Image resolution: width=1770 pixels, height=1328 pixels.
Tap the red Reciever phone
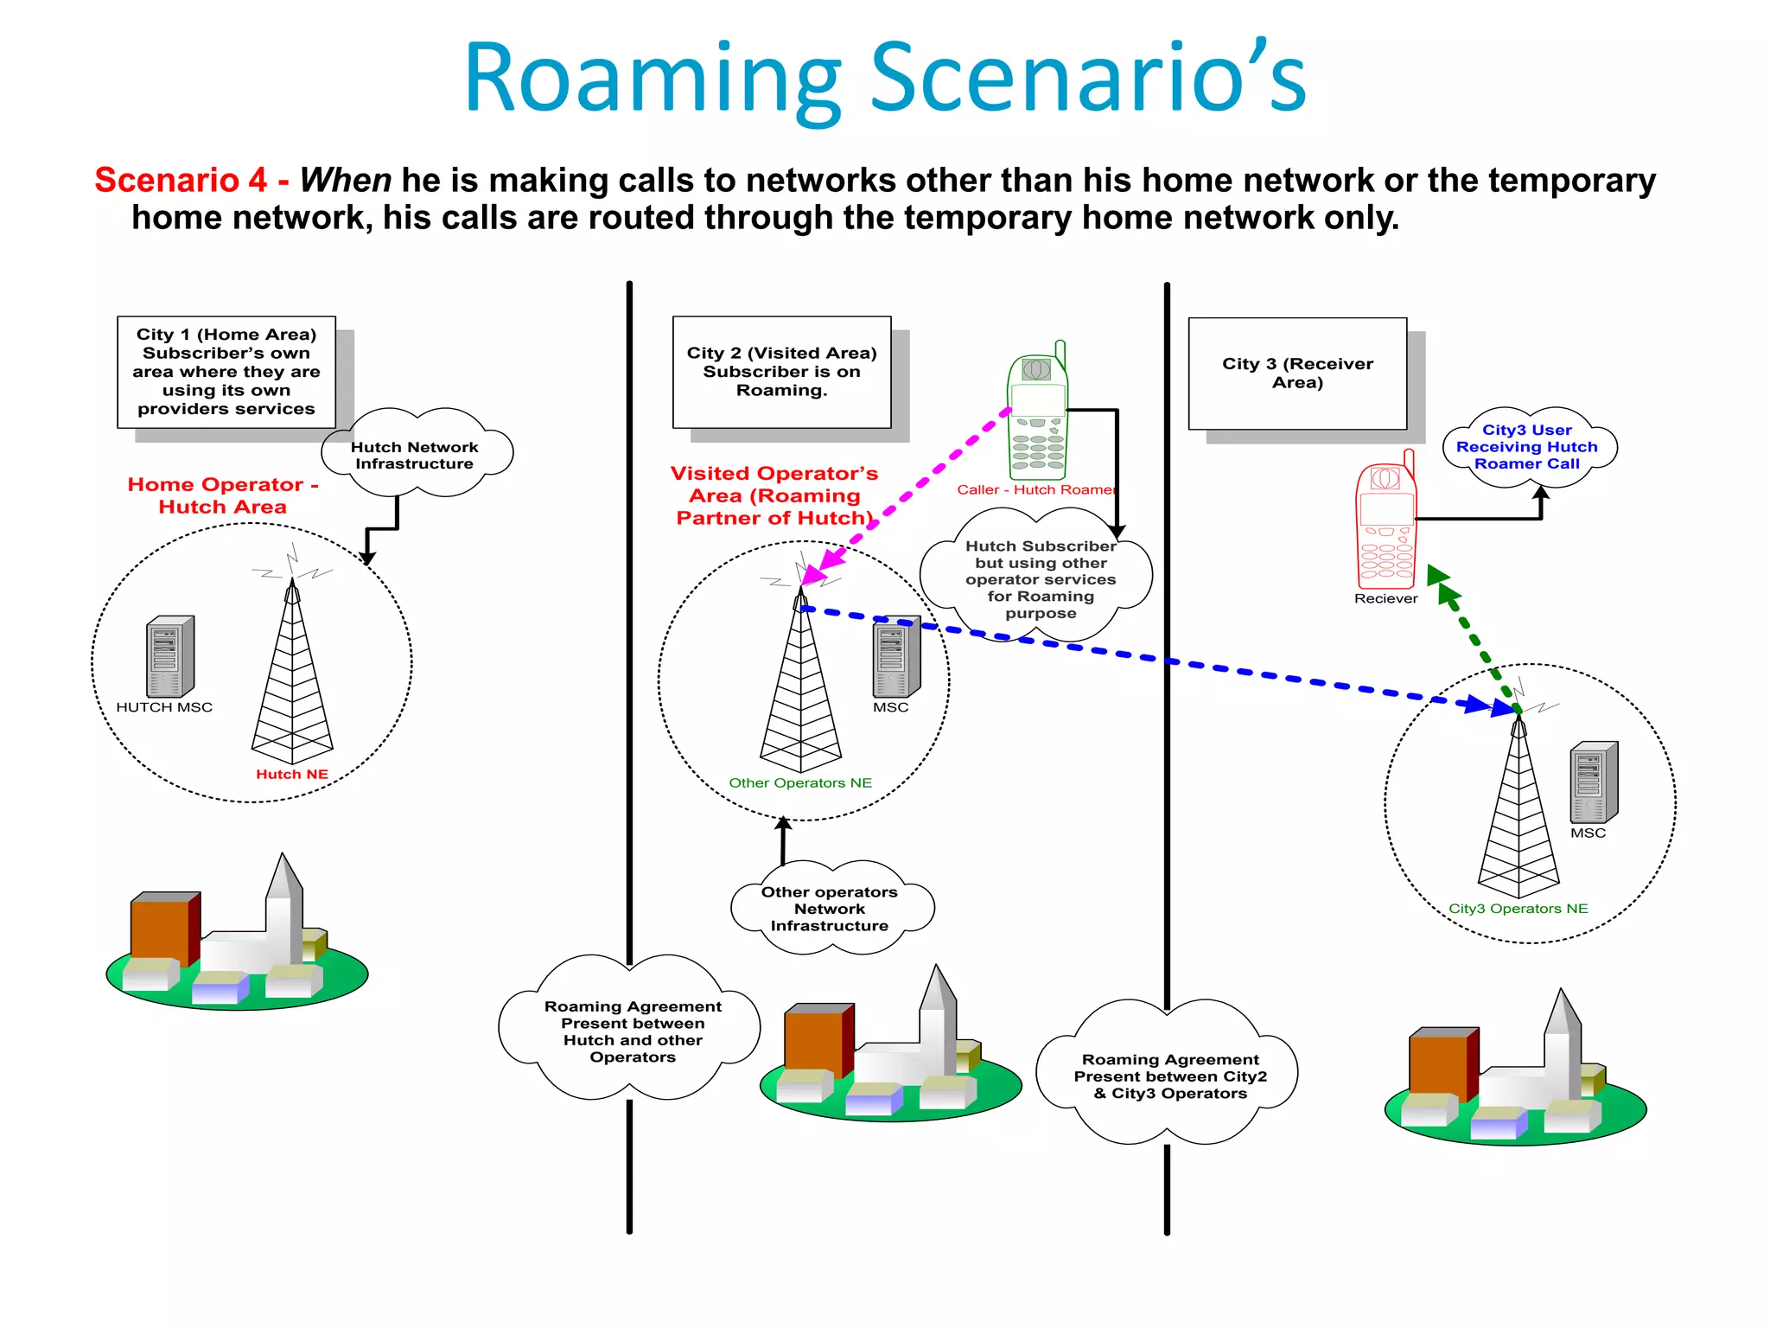click(1385, 523)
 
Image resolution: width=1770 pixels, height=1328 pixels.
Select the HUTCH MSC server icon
click(169, 657)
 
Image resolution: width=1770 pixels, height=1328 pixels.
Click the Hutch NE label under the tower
click(292, 775)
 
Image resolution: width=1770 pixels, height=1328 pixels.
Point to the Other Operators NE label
click(800, 783)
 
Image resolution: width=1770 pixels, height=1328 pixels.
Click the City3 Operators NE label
click(1519, 909)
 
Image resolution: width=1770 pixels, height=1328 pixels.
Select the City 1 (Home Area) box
click(226, 372)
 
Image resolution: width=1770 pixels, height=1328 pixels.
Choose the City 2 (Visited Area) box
click(781, 372)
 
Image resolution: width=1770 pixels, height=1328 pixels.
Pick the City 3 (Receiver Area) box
click(1297, 373)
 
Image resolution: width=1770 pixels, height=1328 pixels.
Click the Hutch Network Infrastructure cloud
click(415, 455)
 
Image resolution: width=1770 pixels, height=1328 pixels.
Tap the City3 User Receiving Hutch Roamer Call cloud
click(1527, 447)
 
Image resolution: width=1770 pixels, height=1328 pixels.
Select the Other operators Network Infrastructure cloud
click(830, 909)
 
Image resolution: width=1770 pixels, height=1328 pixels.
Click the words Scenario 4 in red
click(181, 180)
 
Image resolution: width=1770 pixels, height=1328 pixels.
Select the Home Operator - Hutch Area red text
click(223, 495)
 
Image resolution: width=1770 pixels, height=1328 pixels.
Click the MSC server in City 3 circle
click(1593, 782)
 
